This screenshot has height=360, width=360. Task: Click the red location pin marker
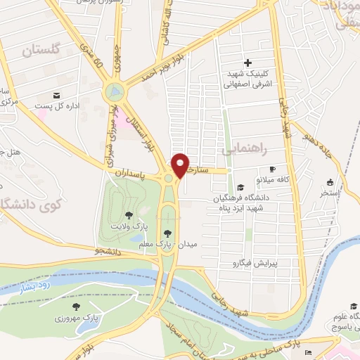pyautogui.click(x=181, y=165)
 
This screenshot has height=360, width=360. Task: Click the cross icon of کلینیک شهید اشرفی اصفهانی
pyautogui.click(x=247, y=63)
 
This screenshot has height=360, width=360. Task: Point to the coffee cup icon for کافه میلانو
pyautogui.click(x=273, y=169)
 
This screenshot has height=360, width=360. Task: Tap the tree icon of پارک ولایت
pyautogui.click(x=129, y=214)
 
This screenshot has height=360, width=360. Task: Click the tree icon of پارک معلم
pyautogui.click(x=167, y=233)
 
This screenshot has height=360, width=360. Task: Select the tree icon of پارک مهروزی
pyautogui.click(x=74, y=307)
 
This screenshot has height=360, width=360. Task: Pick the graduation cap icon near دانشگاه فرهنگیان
pyautogui.click(x=241, y=187)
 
